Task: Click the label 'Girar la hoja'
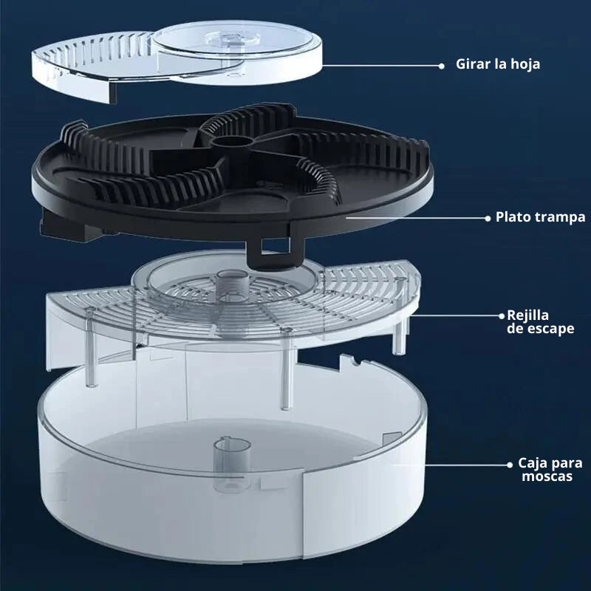pos(497,64)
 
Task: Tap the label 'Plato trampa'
pos(540,217)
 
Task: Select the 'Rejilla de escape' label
pos(540,321)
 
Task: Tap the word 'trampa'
pos(561,218)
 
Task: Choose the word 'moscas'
pos(547,477)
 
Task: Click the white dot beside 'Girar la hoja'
pos(441,65)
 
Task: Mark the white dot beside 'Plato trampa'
pos(488,218)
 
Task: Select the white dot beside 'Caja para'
pos(510,464)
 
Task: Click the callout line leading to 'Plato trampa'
pos(414,218)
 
